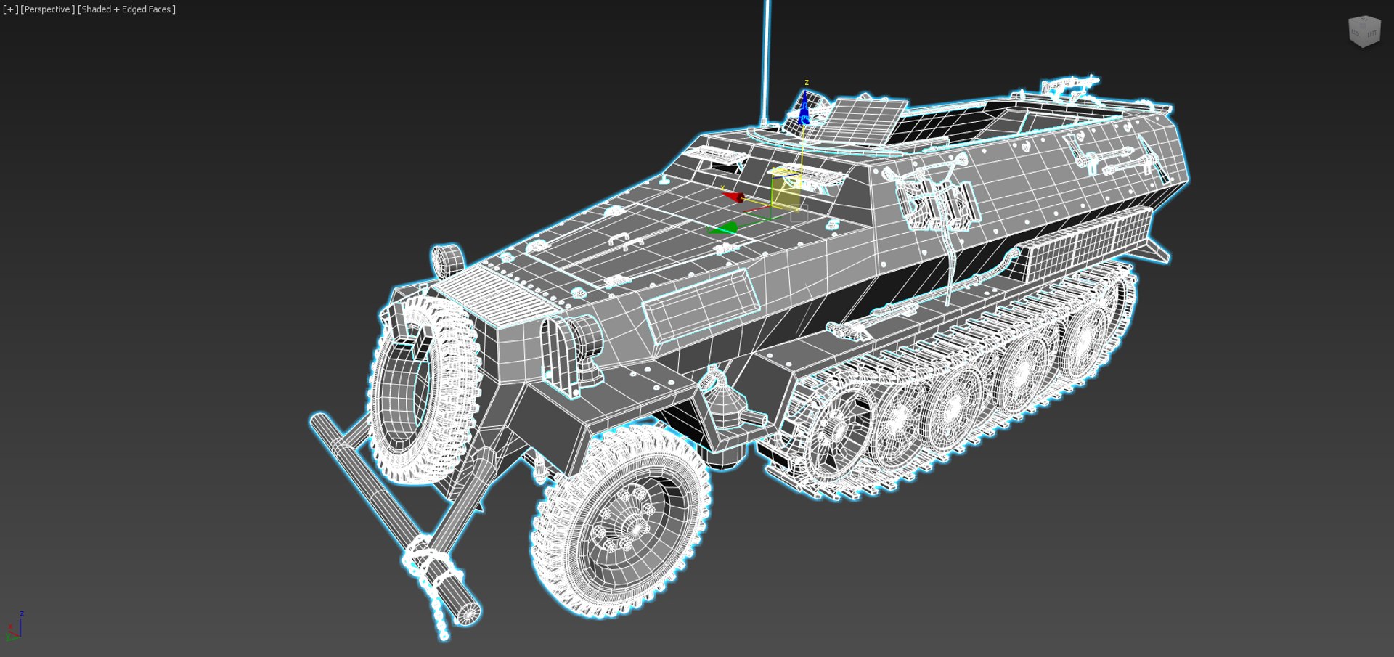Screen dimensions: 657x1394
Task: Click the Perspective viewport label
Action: tap(47, 9)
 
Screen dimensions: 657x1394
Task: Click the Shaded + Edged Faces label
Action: tap(126, 9)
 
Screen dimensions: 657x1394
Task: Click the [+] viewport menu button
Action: tap(10, 9)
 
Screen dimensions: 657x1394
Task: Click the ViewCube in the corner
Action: tap(1364, 32)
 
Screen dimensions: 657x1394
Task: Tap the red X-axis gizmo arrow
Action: tap(733, 196)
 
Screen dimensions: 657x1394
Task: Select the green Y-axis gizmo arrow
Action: tap(722, 229)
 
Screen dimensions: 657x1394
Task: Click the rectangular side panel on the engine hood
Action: tap(700, 305)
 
